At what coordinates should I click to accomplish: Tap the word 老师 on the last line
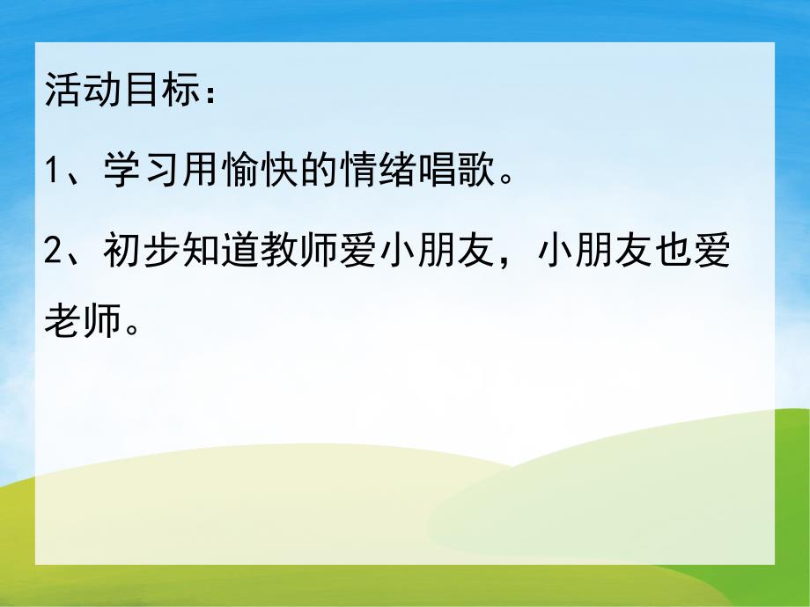coord(81,325)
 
